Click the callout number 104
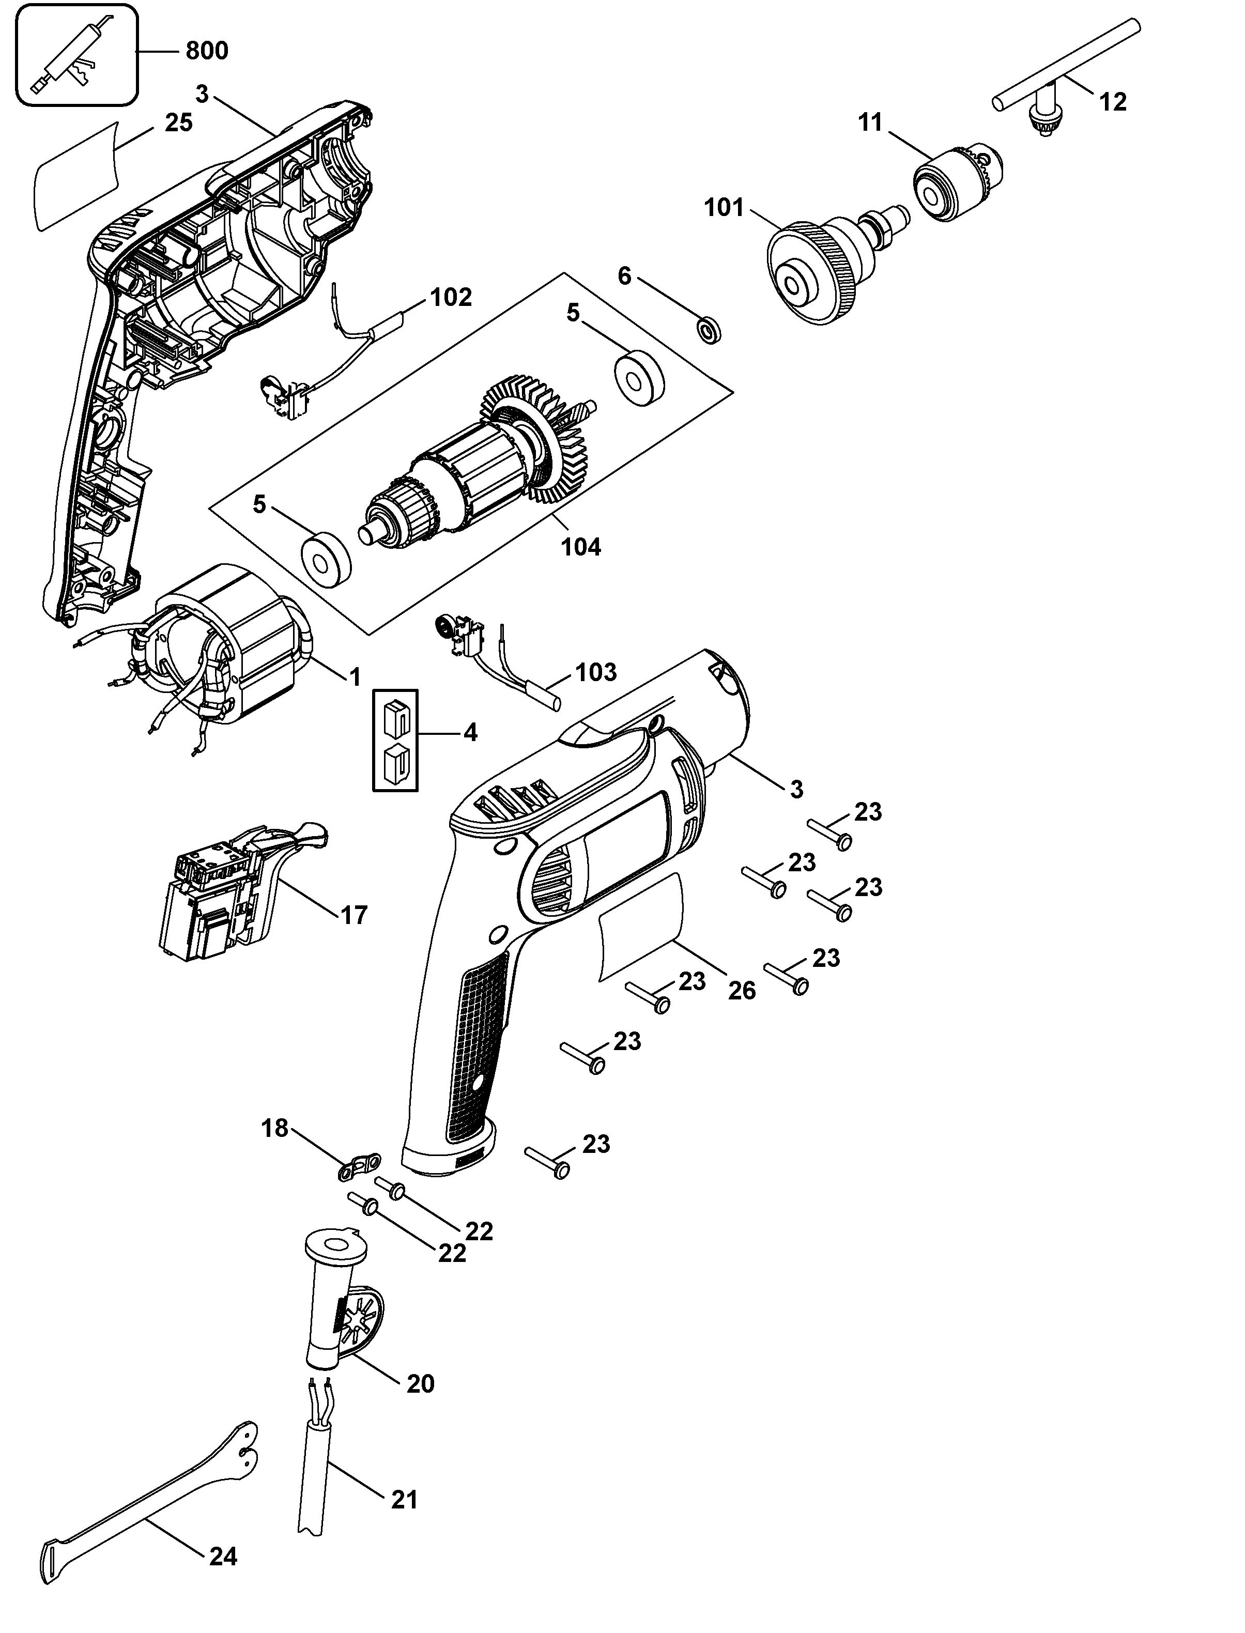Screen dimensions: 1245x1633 (x=582, y=548)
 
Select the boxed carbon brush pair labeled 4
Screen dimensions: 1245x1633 (x=395, y=740)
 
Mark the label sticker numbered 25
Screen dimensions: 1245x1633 (x=75, y=175)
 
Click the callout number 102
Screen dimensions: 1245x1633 (x=451, y=297)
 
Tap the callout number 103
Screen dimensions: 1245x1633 (x=596, y=672)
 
